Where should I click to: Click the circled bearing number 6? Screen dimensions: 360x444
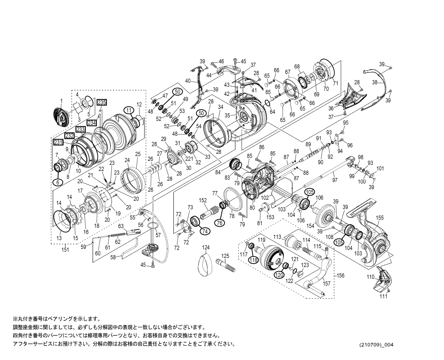pyautogui.click(x=58, y=182)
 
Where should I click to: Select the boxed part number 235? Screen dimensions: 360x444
pyautogui.click(x=102, y=102)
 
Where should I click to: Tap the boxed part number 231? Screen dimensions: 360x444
pyautogui.click(x=58, y=142)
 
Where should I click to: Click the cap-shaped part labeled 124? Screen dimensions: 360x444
pyautogui.click(x=205, y=265)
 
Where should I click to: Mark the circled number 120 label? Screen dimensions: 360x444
pyautogui.click(x=279, y=274)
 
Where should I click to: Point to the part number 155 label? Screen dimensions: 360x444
pyautogui.click(x=379, y=218)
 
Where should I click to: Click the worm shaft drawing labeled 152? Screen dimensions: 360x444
pyautogui.click(x=210, y=211)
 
